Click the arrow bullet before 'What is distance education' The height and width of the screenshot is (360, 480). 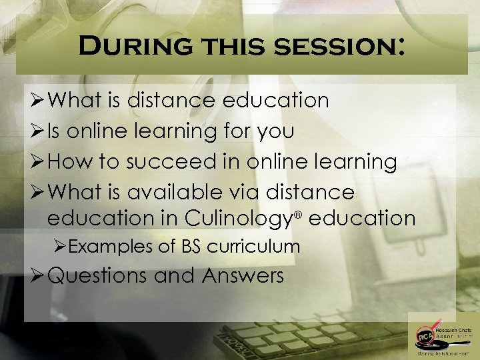click(37, 101)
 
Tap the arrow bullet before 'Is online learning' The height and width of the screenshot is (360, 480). click(37, 131)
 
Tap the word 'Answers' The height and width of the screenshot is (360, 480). click(243, 275)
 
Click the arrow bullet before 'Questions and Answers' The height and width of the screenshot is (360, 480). click(37, 275)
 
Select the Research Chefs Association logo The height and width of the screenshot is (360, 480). click(440, 337)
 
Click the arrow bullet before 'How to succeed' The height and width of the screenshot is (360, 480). click(37, 162)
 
